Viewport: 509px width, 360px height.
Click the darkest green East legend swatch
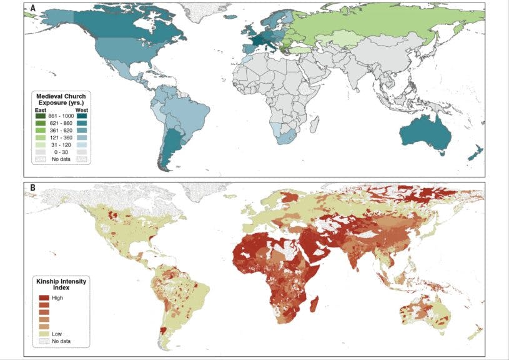click(x=41, y=117)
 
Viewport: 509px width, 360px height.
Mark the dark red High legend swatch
click(x=44, y=298)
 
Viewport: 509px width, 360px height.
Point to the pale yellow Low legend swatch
click(x=44, y=334)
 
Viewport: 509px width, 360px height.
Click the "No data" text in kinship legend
click(x=61, y=342)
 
